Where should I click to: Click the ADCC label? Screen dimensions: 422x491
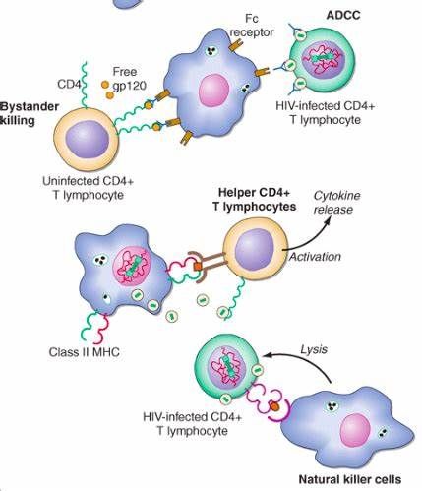[x=343, y=15]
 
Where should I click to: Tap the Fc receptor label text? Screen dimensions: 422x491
[x=252, y=26]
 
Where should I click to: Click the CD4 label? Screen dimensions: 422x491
[x=69, y=85]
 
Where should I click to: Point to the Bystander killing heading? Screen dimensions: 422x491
[x=30, y=113]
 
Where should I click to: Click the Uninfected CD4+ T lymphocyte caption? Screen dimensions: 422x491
[x=89, y=188]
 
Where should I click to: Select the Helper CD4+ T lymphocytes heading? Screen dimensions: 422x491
[x=255, y=200]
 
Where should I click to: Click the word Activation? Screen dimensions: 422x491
[x=315, y=257]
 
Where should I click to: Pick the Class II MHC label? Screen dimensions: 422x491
[x=85, y=352]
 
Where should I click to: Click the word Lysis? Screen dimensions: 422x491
[x=314, y=349]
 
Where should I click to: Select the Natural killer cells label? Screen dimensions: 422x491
[x=350, y=479]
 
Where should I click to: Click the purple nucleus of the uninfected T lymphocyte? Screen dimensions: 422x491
[x=87, y=141]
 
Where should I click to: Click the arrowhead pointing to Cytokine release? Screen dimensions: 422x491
[x=327, y=221]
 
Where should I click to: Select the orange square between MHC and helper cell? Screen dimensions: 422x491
[x=198, y=267]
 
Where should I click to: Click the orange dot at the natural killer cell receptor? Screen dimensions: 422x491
[x=274, y=406]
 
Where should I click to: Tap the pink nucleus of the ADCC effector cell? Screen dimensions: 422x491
[x=214, y=91]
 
